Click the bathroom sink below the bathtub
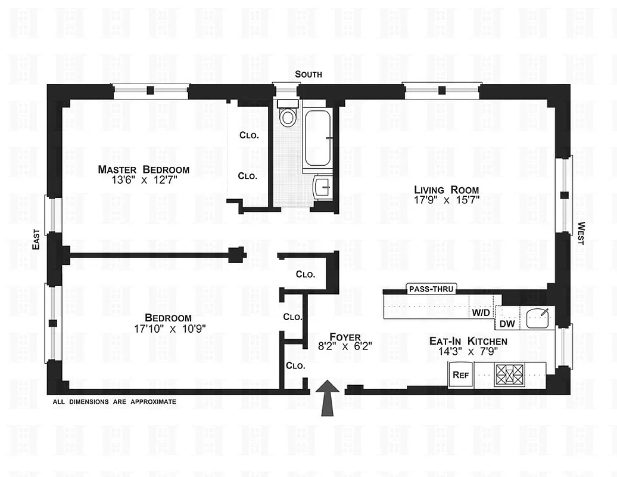coord(322,187)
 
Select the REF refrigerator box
coord(459,375)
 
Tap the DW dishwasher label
coord(507,324)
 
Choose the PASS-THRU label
coord(431,289)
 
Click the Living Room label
coord(446,190)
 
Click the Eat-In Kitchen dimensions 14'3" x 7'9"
coord(468,352)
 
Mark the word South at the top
coord(308,75)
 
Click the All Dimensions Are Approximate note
coord(114,402)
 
